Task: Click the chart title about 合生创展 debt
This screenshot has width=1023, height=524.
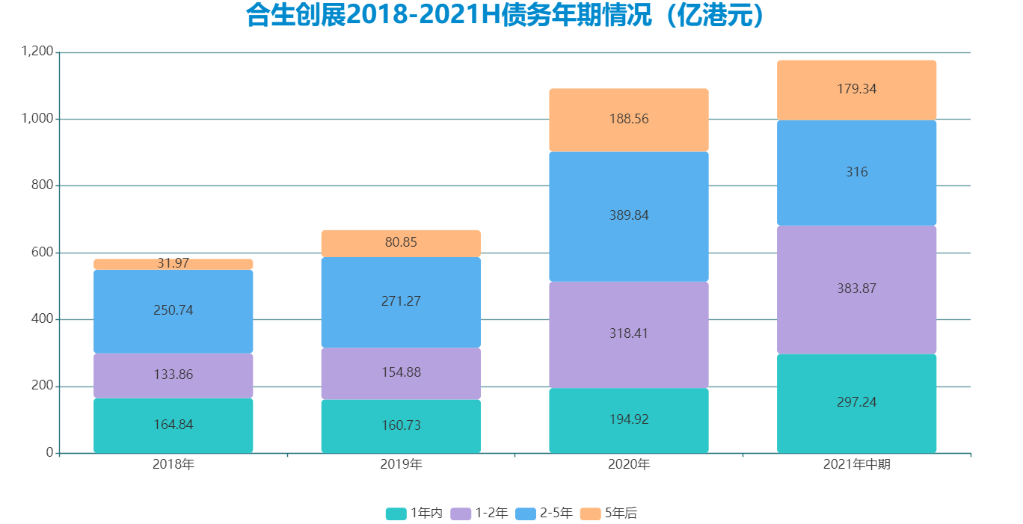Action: point(506,16)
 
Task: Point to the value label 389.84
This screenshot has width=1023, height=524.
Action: point(628,215)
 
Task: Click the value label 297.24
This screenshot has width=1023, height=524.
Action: point(856,402)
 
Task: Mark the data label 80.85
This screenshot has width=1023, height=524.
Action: point(401,242)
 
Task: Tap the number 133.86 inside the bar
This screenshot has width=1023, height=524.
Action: point(173,375)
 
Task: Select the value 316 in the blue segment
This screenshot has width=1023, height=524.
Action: point(856,172)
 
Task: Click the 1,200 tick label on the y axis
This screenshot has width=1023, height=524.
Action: point(37,52)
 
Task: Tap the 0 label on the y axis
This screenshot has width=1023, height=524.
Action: point(49,453)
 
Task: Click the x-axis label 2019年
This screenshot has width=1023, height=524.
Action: point(401,465)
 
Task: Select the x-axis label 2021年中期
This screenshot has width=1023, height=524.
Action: point(856,465)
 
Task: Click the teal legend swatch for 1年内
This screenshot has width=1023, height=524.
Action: point(396,514)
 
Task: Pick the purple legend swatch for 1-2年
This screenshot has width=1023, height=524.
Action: point(461,514)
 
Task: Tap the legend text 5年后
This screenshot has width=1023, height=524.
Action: point(621,514)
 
